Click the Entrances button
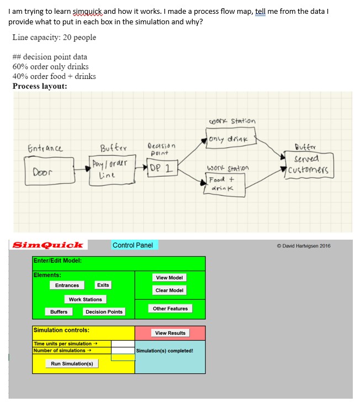click(67, 285)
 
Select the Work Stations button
click(85, 299)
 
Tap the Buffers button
click(59, 312)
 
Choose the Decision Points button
click(104, 312)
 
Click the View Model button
click(170, 278)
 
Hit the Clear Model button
click(170, 290)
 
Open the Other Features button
click(170, 309)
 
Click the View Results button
click(170, 333)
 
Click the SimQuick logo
click(48, 245)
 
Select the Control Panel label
click(133, 245)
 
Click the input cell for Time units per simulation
click(123, 343)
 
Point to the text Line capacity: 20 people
click(54, 38)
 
